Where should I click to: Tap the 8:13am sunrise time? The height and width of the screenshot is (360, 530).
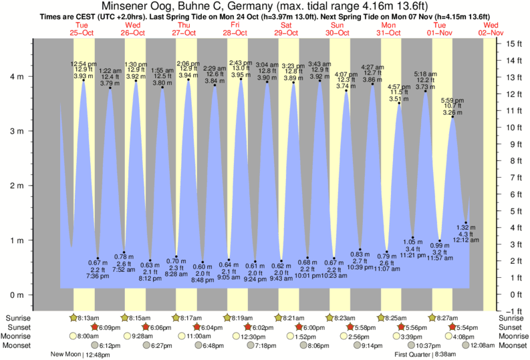tap(89, 318)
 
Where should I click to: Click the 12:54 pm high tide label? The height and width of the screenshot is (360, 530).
tap(83, 63)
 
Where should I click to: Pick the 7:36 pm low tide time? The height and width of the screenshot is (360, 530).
tap(98, 276)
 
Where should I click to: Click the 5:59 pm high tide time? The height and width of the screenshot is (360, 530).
tap(452, 100)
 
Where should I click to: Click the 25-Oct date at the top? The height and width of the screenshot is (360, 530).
tap(82, 32)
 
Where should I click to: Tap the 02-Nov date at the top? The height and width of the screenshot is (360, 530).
tap(492, 32)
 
